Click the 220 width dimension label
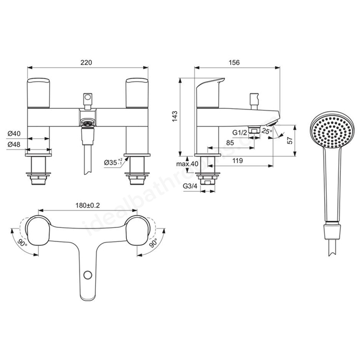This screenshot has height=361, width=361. coord(86,63)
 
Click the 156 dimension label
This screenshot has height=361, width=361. coord(234,63)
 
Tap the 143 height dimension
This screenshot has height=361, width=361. coord(175,117)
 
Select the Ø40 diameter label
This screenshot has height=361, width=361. coord(14,133)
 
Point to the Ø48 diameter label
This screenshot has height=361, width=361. coord(14,144)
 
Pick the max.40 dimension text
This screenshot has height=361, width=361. coord(187,164)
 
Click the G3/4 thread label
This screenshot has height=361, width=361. coord(190,186)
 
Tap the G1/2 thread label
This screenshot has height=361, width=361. coord(239,133)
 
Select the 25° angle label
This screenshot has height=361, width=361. coord(267,131)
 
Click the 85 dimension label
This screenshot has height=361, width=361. coord(230,143)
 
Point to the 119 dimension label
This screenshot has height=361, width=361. coord(237,160)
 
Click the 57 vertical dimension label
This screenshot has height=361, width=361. coord(290,140)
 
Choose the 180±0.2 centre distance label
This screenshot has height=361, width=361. coord(88,205)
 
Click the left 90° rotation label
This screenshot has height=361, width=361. coord(23,243)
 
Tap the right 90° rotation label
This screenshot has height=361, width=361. coord(153,243)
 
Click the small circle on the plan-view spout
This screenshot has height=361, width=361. coord(88,275)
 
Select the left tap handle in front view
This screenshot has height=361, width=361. coord(38,93)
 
